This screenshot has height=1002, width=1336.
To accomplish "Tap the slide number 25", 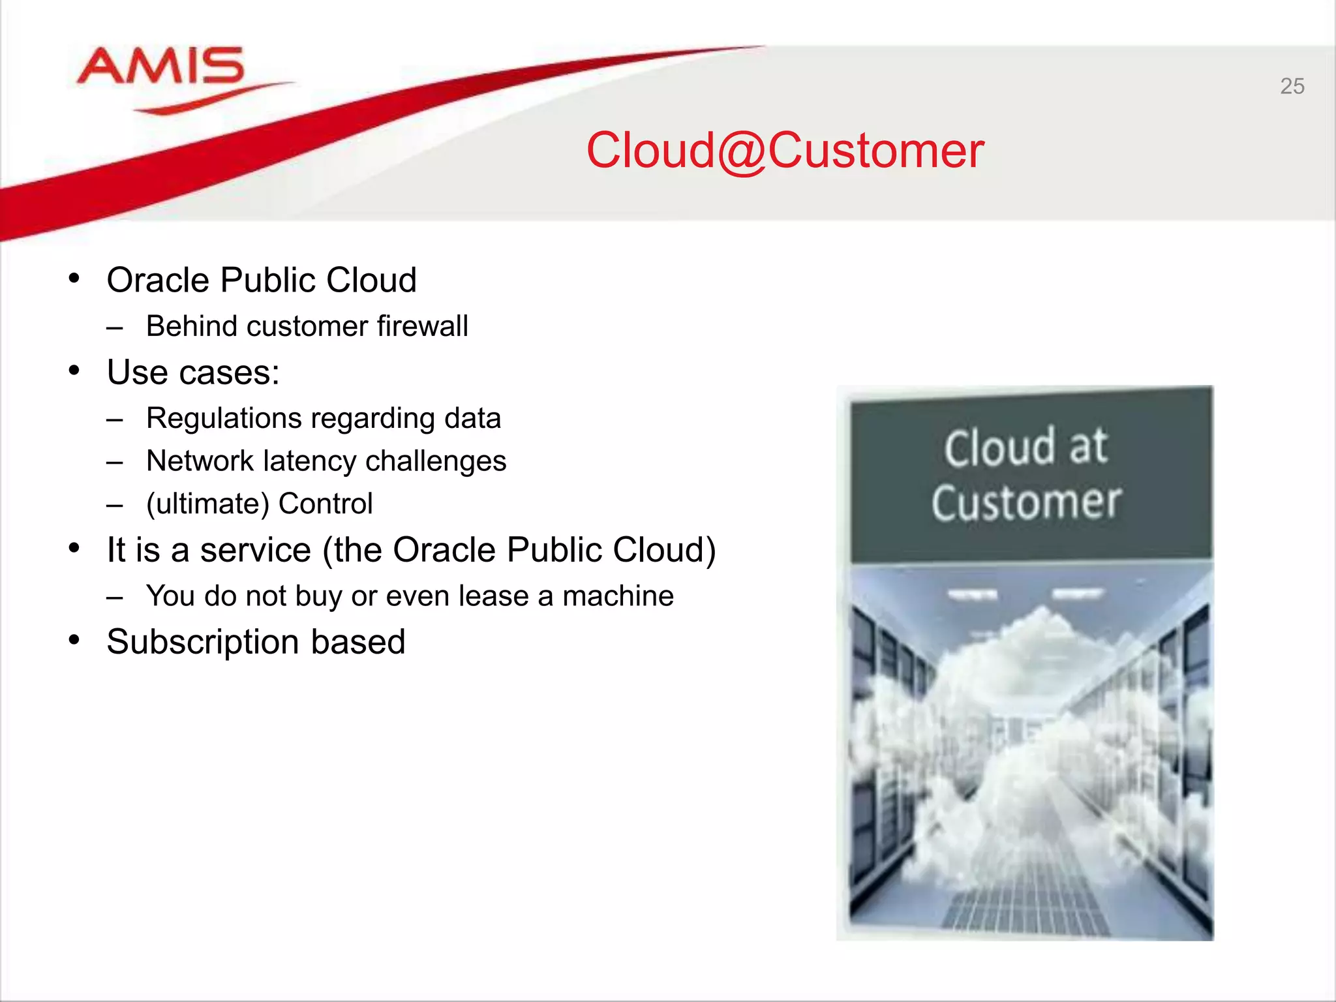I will (1292, 86).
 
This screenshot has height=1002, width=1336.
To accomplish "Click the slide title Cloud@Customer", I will (785, 151).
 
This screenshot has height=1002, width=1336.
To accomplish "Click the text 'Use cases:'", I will (193, 372).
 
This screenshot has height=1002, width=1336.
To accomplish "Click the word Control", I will (326, 504).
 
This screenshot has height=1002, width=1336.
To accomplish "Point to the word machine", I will (618, 596).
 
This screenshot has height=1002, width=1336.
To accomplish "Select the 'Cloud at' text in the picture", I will (1025, 448).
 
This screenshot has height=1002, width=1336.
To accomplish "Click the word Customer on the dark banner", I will (1026, 503).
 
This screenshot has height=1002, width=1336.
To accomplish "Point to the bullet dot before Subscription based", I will (74, 641).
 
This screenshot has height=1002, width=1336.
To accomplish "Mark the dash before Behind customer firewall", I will (115, 327).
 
